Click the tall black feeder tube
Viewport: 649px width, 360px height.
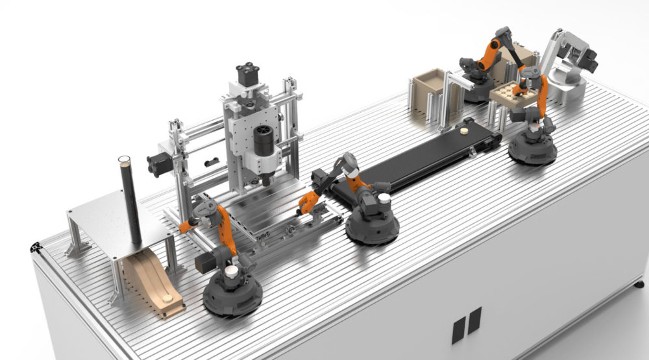pyautogui.click(x=129, y=201)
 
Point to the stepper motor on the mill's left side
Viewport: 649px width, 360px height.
pyautogui.click(x=158, y=165)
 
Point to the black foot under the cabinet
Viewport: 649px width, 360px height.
pyautogui.click(x=639, y=284)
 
